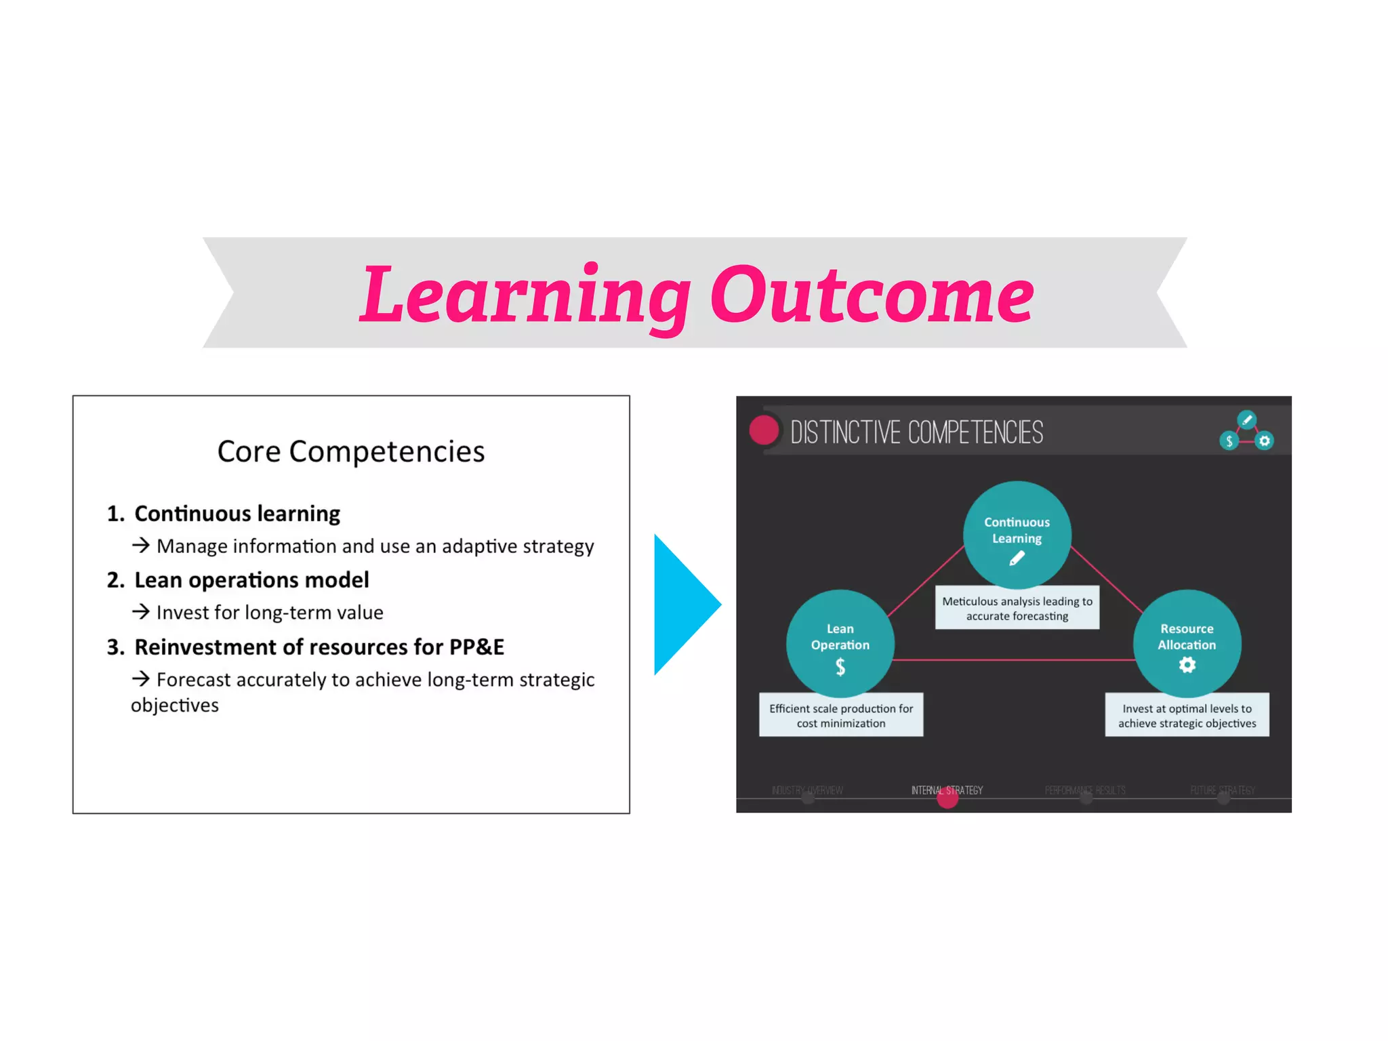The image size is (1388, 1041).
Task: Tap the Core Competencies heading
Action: pyautogui.click(x=351, y=451)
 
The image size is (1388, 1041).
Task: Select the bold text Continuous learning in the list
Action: pyautogui.click(x=237, y=514)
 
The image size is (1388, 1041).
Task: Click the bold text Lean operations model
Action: pyautogui.click(x=251, y=580)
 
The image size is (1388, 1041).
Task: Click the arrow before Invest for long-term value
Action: pyautogui.click(x=140, y=612)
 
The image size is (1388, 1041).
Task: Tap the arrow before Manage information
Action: pyautogui.click(x=140, y=545)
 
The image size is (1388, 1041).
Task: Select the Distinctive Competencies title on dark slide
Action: pyautogui.click(x=916, y=432)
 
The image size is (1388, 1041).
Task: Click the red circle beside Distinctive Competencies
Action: pyautogui.click(x=764, y=430)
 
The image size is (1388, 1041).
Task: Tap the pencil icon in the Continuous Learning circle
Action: pyautogui.click(x=1017, y=558)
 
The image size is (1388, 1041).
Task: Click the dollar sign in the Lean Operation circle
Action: pyautogui.click(x=840, y=668)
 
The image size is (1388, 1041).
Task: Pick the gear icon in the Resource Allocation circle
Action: pyautogui.click(x=1187, y=666)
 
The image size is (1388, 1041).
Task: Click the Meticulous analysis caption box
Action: pyautogui.click(x=1017, y=608)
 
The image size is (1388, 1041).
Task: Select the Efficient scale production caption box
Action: pyautogui.click(x=840, y=715)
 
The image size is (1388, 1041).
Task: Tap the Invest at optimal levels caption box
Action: pyautogui.click(x=1187, y=715)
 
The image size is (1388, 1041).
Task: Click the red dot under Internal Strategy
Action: pyautogui.click(x=947, y=798)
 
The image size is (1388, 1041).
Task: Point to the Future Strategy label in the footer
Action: pyautogui.click(x=1223, y=790)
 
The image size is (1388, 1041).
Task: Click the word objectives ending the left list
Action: pyautogui.click(x=175, y=706)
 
